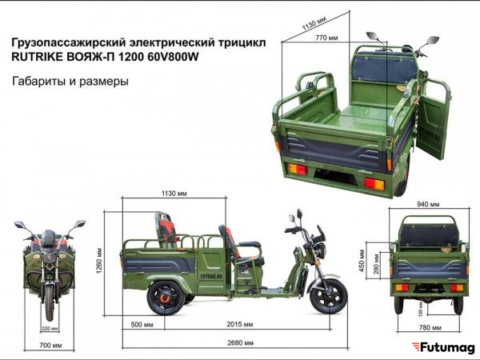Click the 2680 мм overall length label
point(240,343)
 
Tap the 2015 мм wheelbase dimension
point(240,324)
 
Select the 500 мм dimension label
point(142,325)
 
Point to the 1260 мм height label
point(99,261)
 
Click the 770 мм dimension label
point(326,38)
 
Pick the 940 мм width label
point(428,204)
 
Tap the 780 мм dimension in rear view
point(430,327)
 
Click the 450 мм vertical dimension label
point(362,261)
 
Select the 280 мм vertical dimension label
point(377,264)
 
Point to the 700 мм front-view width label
point(50,346)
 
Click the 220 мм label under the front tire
point(50,329)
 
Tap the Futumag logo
point(443,348)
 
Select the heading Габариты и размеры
point(70,82)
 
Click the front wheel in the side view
point(329,296)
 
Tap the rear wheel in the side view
point(166,298)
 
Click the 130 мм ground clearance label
point(421,309)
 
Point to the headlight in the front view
point(50,257)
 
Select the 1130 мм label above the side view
point(174,194)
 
